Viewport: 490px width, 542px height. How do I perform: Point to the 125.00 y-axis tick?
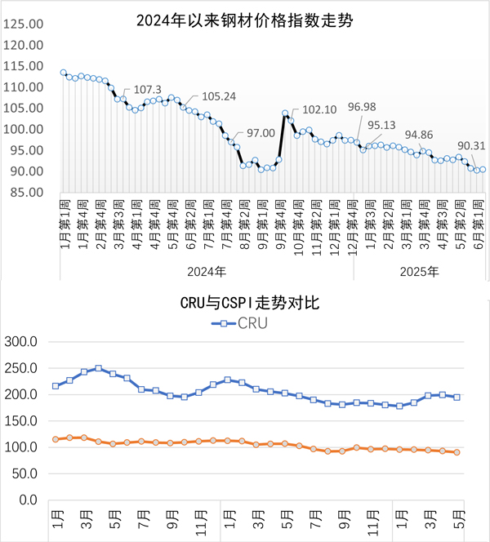[x=24, y=24]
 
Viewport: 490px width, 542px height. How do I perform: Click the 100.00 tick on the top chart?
[x=24, y=130]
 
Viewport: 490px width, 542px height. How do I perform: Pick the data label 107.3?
[x=148, y=90]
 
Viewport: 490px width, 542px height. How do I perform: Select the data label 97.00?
[x=261, y=132]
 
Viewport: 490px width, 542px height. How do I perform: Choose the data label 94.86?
[x=421, y=135]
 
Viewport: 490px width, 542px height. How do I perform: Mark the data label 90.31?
[x=471, y=147]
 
